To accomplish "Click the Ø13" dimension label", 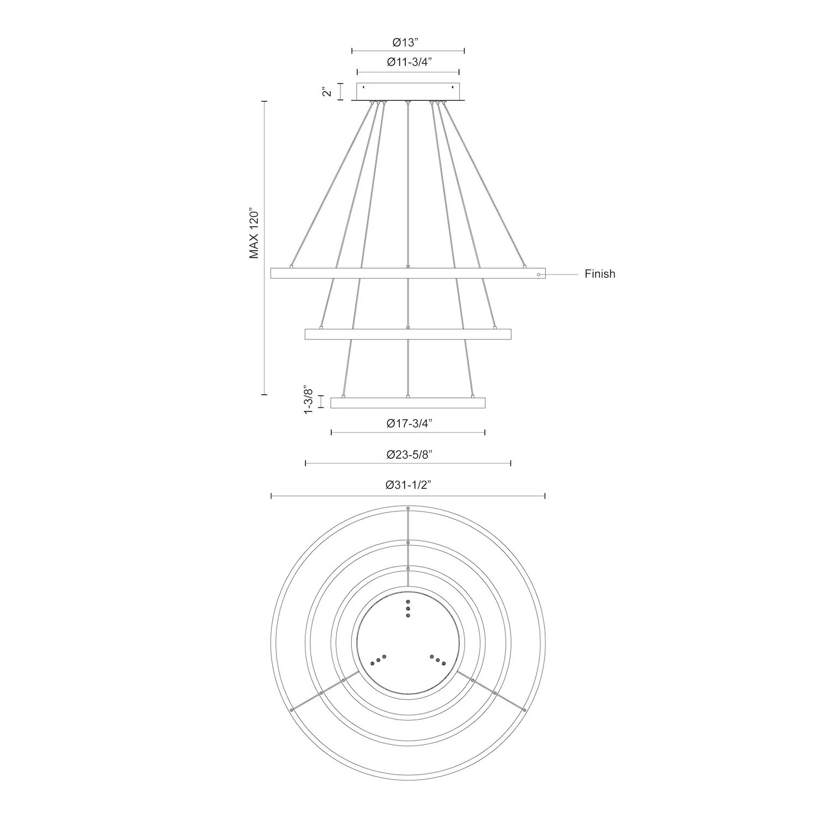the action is tap(408, 43).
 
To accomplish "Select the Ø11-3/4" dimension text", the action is tap(409, 62).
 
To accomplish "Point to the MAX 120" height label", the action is tap(254, 233).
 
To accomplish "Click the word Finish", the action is tap(600, 274).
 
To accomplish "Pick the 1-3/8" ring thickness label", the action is tap(309, 400).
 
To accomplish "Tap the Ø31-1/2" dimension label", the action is tap(408, 485).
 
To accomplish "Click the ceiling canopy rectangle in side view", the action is tap(408, 92).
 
